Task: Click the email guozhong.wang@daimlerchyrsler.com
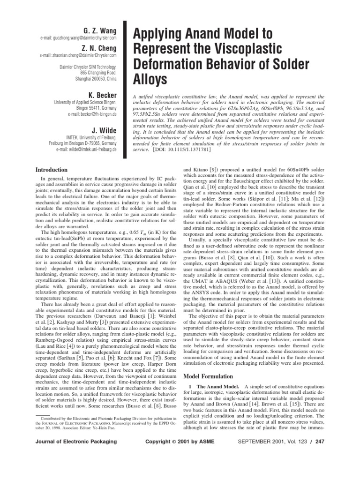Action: click(x=78, y=37)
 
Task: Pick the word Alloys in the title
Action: click(x=151, y=80)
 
